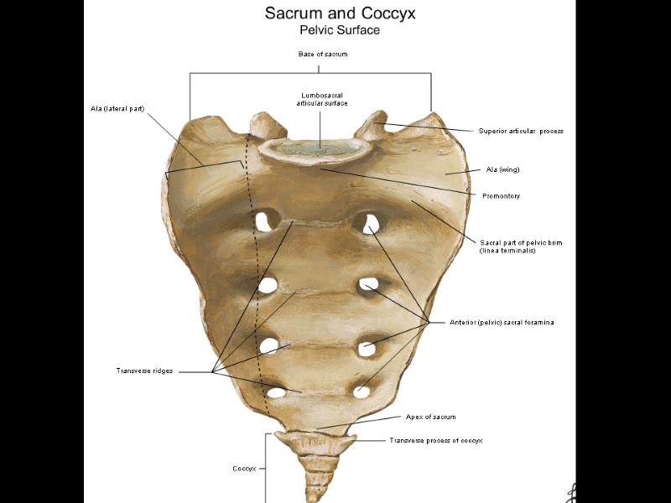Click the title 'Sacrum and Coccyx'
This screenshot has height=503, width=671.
340,13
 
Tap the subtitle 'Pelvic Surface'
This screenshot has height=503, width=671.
340,30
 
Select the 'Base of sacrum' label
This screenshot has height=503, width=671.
322,54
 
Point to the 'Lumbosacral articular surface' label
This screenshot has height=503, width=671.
322,99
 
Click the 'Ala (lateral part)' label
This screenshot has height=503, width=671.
117,108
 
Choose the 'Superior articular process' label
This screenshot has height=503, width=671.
521,131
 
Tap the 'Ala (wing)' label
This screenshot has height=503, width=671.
503,169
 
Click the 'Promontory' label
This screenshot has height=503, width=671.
501,196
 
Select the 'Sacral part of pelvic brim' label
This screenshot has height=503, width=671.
521,246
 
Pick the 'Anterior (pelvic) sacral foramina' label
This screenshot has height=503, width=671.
502,322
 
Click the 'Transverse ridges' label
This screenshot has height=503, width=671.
144,371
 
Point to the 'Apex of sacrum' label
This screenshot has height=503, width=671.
430,417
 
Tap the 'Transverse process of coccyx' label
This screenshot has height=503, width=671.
435,440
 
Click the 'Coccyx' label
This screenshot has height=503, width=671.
244,468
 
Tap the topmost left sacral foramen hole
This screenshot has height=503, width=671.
267,220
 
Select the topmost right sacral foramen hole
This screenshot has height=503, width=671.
365,222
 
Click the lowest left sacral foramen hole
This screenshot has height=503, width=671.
276,392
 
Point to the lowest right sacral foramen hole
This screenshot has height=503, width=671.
362,390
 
